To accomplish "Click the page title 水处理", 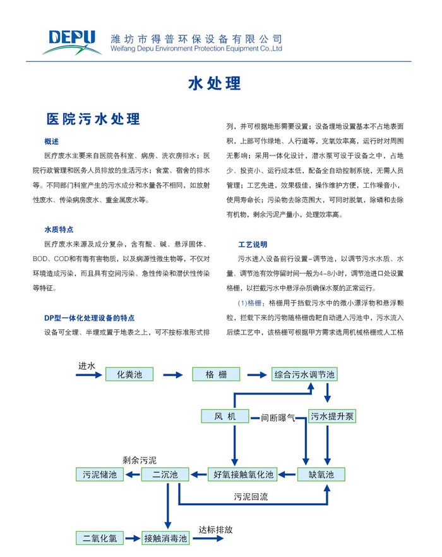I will click(215, 83).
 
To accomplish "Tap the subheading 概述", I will click(52, 141).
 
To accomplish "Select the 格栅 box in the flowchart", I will click(215, 375).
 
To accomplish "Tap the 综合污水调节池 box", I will click(304, 375).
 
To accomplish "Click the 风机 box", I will click(224, 416).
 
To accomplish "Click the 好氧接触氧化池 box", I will click(242, 474).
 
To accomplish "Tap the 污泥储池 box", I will click(100, 474).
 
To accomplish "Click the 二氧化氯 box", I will click(100, 539).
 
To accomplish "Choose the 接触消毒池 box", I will click(165, 539).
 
